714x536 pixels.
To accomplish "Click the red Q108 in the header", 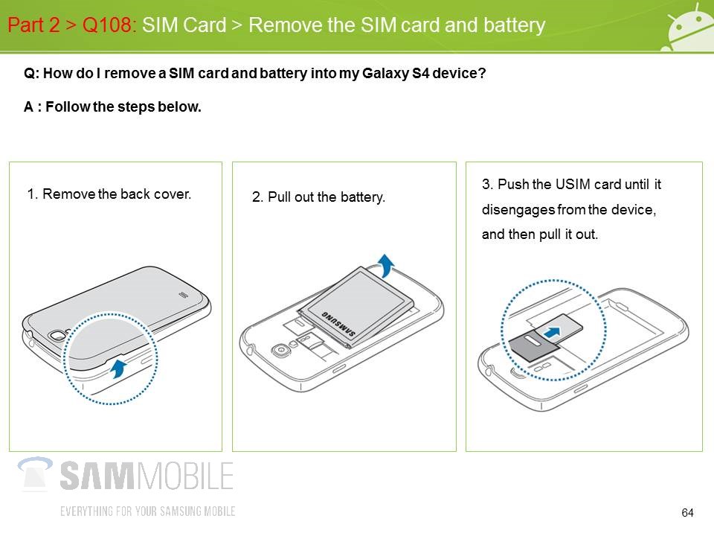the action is pos(107,25).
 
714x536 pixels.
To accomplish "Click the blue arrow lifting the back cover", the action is pos(119,368).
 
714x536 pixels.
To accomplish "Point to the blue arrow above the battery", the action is pos(386,265).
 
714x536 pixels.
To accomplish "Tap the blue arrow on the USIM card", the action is pos(553,333).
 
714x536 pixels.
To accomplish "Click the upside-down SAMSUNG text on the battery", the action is pos(338,324).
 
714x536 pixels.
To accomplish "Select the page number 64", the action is pos(687,513).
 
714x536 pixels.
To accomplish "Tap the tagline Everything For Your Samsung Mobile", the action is pos(147,511).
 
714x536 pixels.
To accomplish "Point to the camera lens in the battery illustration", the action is pos(280,351).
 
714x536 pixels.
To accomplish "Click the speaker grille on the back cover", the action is pos(183,295).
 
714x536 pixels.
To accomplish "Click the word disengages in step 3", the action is pos(518,210).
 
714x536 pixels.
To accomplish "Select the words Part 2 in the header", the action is pos(33,25).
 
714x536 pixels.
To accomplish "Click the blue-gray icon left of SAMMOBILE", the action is pos(35,474).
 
